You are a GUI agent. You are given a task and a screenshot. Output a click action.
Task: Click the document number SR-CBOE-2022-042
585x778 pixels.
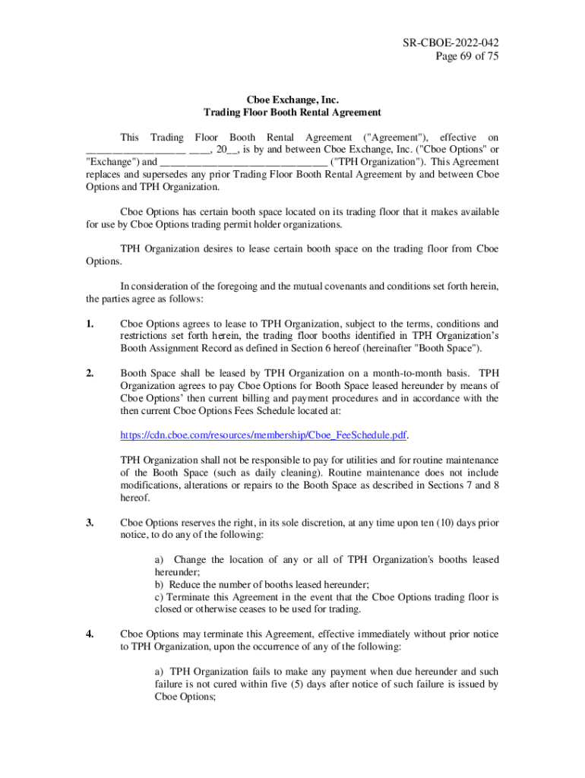point(451,43)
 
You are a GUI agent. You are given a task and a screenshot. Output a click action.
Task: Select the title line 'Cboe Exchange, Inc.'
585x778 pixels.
point(292,100)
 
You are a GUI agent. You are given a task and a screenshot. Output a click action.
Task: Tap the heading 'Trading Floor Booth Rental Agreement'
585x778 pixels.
point(292,112)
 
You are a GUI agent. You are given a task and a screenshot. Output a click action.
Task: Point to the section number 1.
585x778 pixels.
point(90,324)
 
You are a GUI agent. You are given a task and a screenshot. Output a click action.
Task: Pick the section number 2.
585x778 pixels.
point(90,373)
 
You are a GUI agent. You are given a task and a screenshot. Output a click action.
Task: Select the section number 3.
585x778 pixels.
point(90,523)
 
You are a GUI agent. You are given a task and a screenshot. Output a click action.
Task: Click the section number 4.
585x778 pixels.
point(90,632)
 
